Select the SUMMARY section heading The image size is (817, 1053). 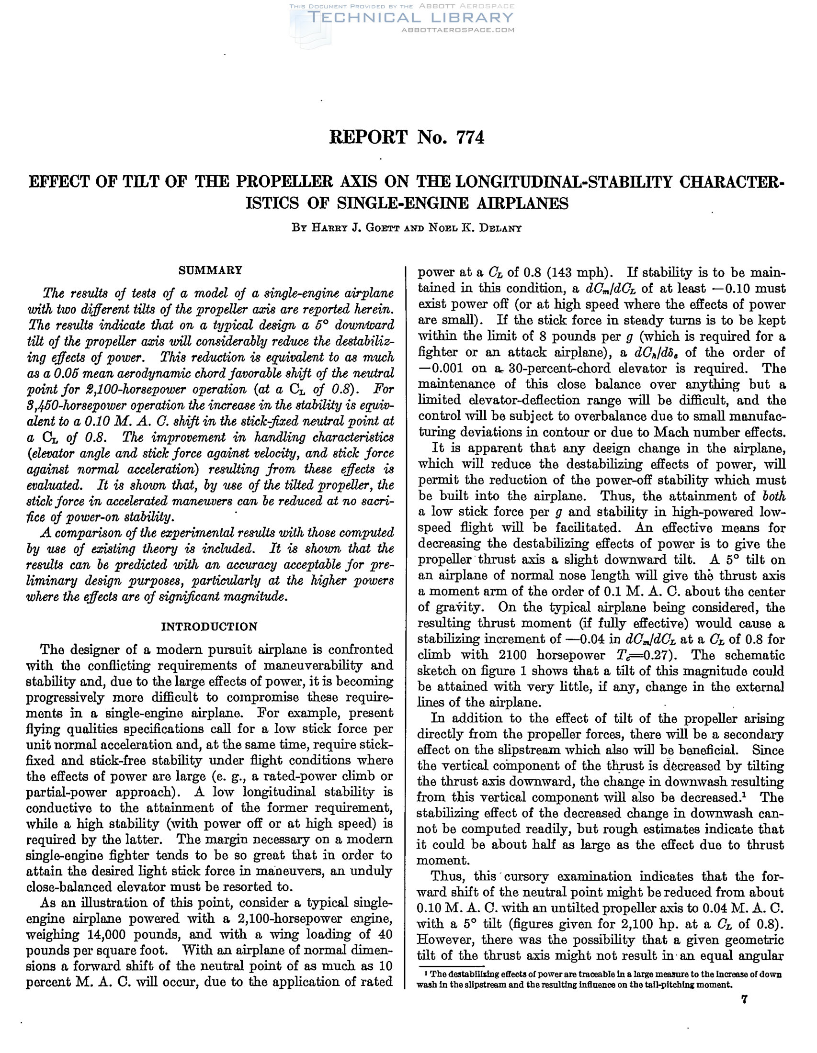(210, 270)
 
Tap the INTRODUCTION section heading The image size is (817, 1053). (209, 627)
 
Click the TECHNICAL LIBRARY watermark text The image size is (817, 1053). (410, 18)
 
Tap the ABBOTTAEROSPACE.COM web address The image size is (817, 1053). (458, 30)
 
